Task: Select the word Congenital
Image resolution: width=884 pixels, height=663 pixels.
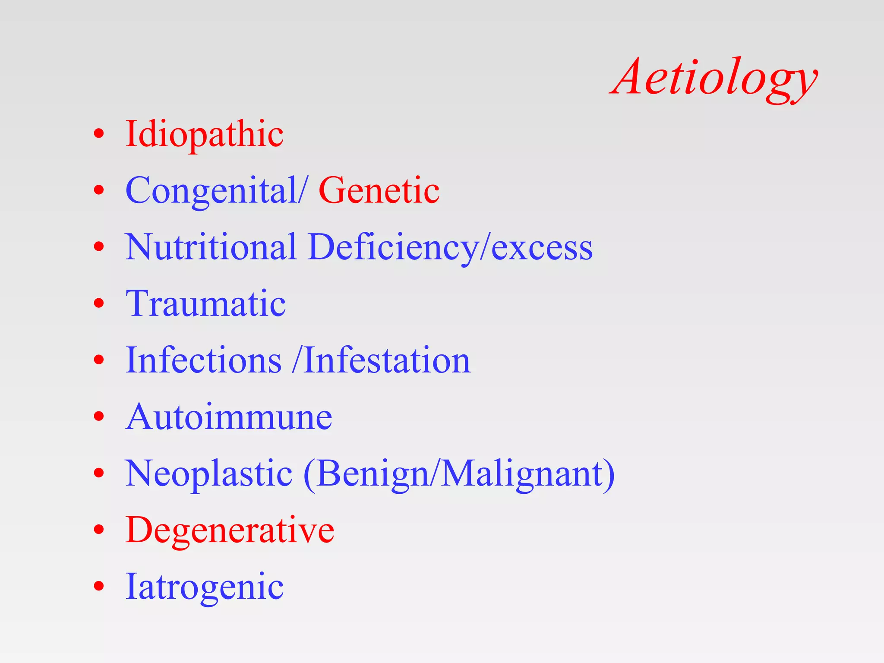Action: click(x=212, y=190)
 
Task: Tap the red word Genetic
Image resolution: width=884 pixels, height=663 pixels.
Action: click(x=379, y=190)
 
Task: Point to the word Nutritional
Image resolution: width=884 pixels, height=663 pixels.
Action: click(x=211, y=247)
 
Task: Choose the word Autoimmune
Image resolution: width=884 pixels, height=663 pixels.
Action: click(x=229, y=417)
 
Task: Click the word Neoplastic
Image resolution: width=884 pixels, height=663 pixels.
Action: click(x=209, y=474)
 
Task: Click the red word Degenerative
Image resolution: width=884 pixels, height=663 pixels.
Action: click(x=230, y=530)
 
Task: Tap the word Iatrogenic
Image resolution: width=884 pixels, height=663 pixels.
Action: click(x=204, y=587)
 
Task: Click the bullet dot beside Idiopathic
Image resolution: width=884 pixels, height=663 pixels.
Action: click(x=99, y=134)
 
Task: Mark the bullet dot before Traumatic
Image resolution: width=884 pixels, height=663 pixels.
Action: click(x=99, y=303)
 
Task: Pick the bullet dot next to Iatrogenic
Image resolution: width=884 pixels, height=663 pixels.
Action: click(x=99, y=586)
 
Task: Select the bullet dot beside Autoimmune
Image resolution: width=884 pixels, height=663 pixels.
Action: click(x=99, y=417)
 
